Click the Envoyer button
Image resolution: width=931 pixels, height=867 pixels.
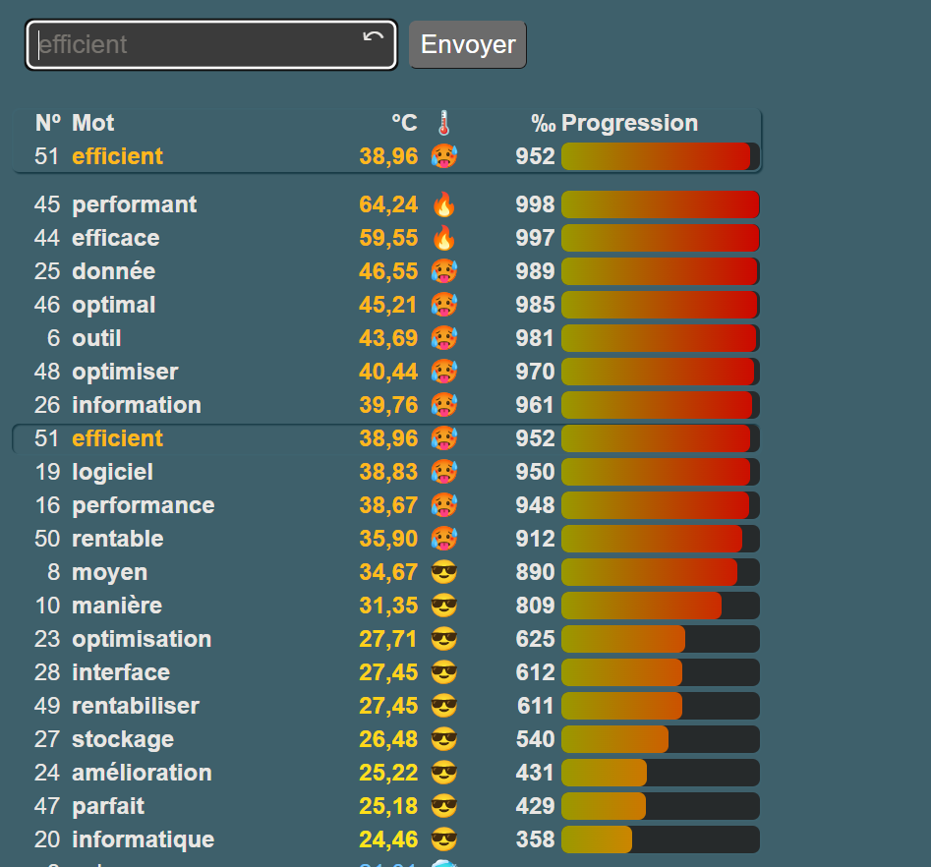click(468, 45)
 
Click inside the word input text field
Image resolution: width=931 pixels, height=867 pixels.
click(197, 45)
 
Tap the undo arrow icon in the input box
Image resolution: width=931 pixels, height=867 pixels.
click(374, 38)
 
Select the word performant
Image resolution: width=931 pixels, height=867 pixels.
click(135, 204)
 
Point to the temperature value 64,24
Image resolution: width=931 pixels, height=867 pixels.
click(388, 204)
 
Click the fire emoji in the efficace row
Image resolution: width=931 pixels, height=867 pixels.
click(444, 238)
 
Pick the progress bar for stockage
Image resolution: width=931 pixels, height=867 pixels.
click(660, 739)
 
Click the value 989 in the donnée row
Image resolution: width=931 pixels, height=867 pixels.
click(535, 271)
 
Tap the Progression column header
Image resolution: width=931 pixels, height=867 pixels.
click(629, 123)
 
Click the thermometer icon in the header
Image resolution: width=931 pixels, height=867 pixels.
click(444, 123)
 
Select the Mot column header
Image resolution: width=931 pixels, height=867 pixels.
click(93, 123)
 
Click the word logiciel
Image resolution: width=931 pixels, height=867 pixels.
click(113, 472)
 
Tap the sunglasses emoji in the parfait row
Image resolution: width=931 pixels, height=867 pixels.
click(444, 806)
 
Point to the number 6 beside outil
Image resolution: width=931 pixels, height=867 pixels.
click(53, 338)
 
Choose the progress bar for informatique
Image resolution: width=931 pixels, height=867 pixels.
click(660, 839)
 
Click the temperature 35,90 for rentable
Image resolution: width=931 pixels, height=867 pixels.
click(388, 539)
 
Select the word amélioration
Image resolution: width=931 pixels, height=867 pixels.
click(143, 773)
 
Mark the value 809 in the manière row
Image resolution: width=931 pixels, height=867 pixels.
click(535, 606)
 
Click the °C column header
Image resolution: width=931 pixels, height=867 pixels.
click(404, 123)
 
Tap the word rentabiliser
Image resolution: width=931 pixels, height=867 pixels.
click(136, 706)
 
